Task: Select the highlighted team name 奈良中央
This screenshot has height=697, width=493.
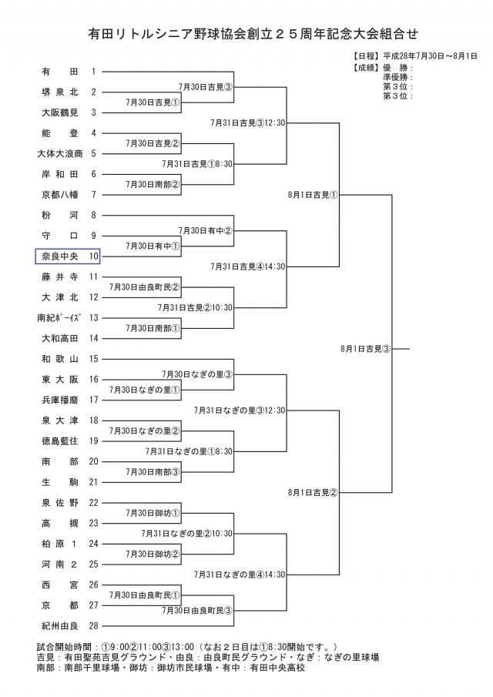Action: [x=59, y=256]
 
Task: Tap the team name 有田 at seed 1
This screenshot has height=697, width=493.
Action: [x=59, y=72]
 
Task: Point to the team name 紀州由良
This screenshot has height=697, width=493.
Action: [x=59, y=625]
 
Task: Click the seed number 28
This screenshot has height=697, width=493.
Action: [x=93, y=625]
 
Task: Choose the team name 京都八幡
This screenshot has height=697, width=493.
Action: [x=59, y=194]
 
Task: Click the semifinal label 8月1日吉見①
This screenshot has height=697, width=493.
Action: [x=313, y=195]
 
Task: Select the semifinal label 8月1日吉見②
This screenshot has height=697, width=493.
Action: [x=313, y=492]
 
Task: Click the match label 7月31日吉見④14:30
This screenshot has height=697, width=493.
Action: [x=248, y=266]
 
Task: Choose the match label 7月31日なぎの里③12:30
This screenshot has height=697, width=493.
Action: [x=240, y=410]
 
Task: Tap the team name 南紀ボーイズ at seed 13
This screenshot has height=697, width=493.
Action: [x=59, y=317]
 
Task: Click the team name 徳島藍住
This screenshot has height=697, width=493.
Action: [x=59, y=441]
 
